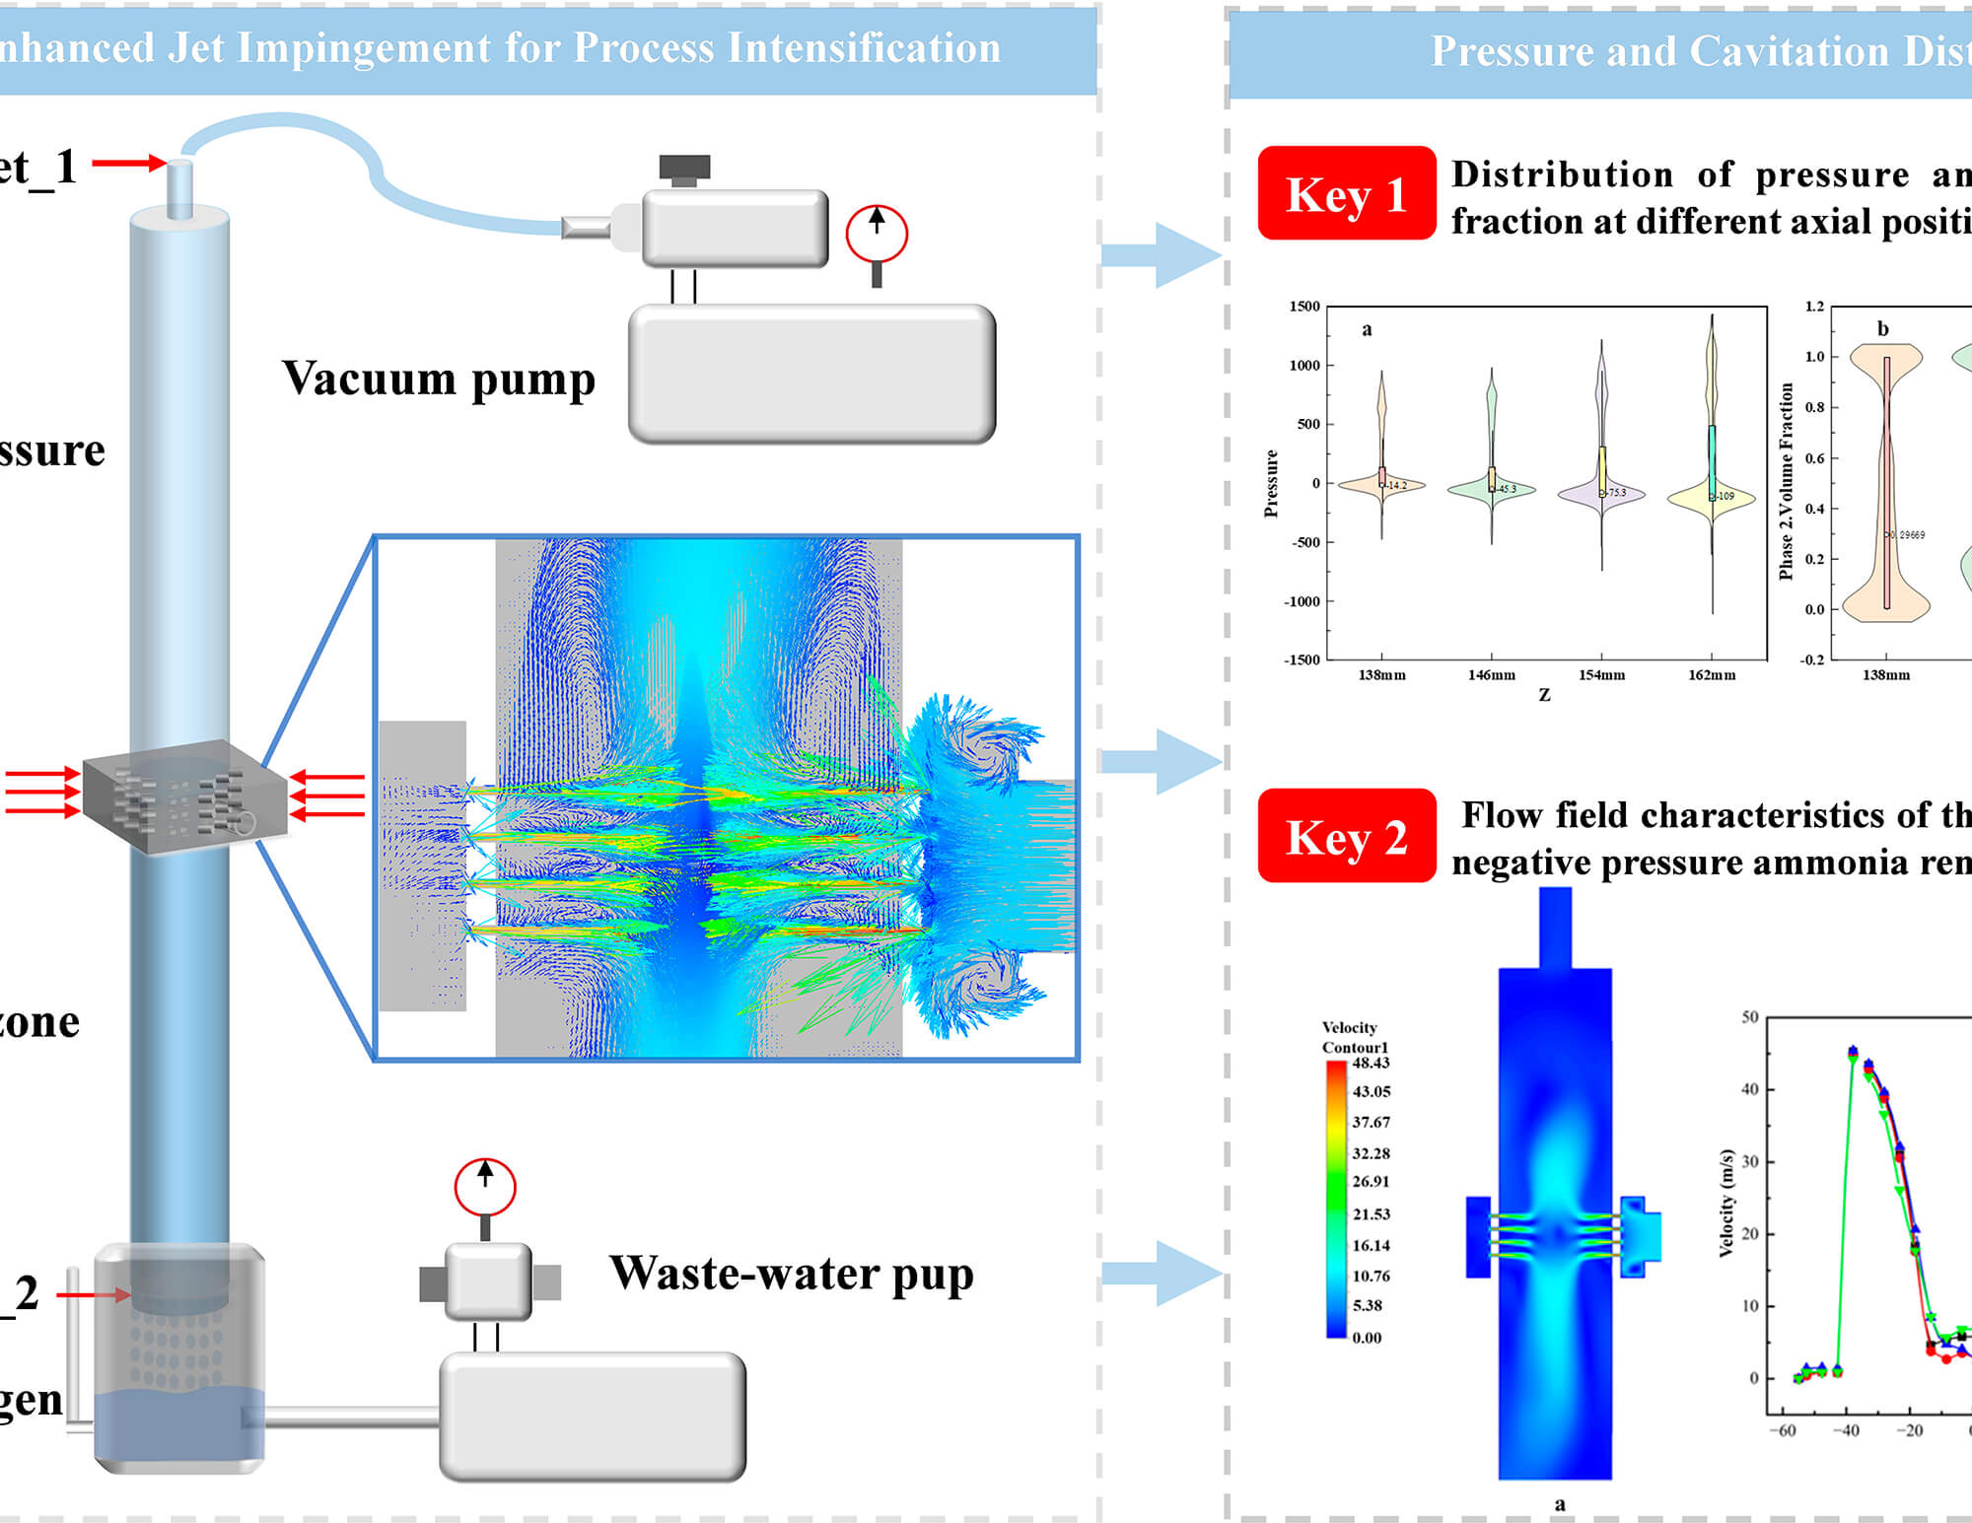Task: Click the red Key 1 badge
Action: (1346, 193)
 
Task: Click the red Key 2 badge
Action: (1346, 836)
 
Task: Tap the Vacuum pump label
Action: (439, 380)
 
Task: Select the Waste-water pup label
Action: (791, 1274)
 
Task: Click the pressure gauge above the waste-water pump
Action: (484, 1188)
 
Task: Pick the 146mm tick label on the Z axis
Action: (1491, 675)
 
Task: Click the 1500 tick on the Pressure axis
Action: (1303, 307)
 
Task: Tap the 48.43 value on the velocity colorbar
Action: (1371, 1063)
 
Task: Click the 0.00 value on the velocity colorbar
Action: (1367, 1338)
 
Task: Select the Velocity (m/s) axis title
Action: (1725, 1203)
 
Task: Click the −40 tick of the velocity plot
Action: (1846, 1430)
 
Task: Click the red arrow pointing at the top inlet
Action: (128, 163)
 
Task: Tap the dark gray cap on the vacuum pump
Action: (684, 168)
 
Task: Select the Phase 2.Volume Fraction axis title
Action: (1786, 481)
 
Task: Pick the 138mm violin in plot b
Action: (1885, 483)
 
